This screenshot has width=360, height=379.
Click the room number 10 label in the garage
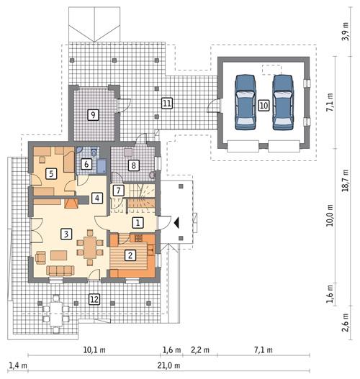pyautogui.click(x=264, y=105)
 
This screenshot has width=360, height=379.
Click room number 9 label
pyautogui.click(x=92, y=114)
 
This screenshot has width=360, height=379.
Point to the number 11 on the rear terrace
pyautogui.click(x=166, y=103)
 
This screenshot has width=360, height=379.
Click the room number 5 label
pyautogui.click(x=51, y=173)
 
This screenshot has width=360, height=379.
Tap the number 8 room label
pyautogui.click(x=133, y=165)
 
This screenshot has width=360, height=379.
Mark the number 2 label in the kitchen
pyautogui.click(x=130, y=254)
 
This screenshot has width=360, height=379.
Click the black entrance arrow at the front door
pyautogui.click(x=176, y=222)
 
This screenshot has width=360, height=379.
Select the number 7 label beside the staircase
pyautogui.click(x=119, y=190)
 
